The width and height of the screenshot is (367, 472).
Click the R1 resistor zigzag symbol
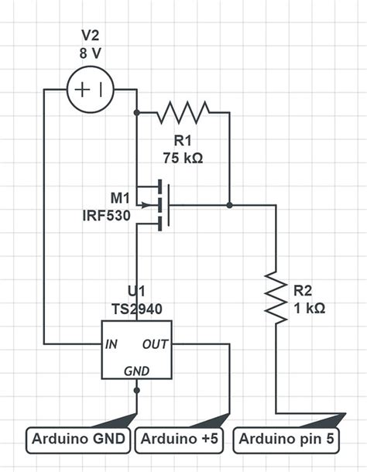pyautogui.click(x=183, y=113)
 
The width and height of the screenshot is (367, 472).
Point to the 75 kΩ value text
pyautogui.click(x=183, y=157)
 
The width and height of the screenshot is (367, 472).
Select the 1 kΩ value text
pyautogui.click(x=309, y=307)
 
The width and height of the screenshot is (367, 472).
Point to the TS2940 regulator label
pyautogui.click(x=137, y=307)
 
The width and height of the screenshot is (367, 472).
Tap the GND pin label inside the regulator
pyautogui.click(x=137, y=371)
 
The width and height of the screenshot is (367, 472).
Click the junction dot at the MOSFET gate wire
pyautogui.click(x=230, y=205)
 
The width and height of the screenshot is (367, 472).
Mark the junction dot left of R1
pyautogui.click(x=137, y=113)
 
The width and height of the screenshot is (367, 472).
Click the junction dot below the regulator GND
pyautogui.click(x=137, y=391)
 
